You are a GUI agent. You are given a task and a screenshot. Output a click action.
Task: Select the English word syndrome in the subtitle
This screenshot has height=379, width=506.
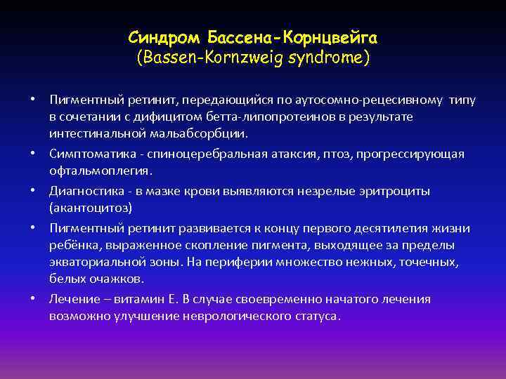[328, 55]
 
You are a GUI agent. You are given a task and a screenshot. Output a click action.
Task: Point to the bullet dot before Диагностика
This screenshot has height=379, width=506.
[33, 191]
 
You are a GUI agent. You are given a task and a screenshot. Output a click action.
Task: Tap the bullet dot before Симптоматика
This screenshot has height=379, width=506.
[33, 153]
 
